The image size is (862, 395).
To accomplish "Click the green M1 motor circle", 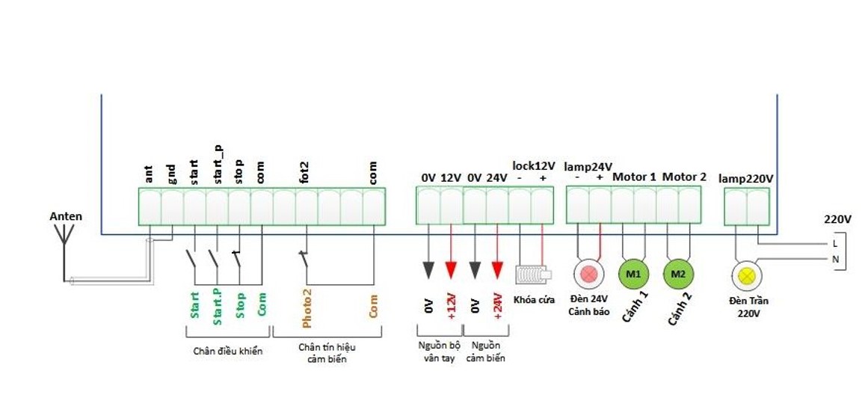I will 633,274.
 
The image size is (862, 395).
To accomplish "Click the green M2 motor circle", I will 678,274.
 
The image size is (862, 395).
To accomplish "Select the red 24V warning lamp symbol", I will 588,274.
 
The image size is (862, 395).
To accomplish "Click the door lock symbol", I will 533,274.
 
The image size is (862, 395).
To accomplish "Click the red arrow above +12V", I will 451,269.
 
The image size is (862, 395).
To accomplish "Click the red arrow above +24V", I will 497,269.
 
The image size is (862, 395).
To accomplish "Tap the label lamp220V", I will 745,179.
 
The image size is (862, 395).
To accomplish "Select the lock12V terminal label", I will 534,165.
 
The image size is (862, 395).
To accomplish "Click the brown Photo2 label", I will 307,308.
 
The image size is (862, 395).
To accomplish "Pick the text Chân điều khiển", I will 228,351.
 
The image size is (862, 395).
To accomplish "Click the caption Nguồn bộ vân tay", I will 439,352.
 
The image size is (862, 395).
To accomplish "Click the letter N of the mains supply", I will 834,259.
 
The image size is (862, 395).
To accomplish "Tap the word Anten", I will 66,217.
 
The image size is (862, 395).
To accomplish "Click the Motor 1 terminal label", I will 634,177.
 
